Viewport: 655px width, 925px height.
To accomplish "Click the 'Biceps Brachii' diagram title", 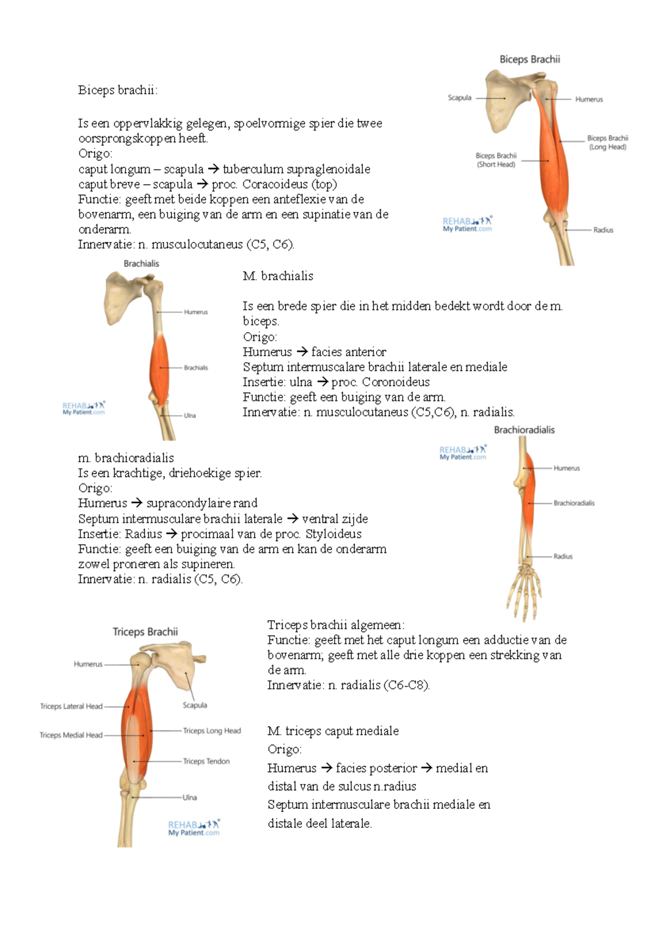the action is click(530, 59).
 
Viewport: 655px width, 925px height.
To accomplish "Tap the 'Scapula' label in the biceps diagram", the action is click(460, 98).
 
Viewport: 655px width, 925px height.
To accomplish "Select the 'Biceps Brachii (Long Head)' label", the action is click(608, 142).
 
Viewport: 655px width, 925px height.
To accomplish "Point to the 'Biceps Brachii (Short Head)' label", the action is click(496, 160).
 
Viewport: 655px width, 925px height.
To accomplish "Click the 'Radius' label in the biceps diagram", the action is click(603, 230).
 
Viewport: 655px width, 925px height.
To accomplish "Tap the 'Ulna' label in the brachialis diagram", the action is click(190, 416).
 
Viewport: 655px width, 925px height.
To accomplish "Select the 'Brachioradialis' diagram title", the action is click(524, 430).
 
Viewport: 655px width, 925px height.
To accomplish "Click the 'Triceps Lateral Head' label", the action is click(71, 706).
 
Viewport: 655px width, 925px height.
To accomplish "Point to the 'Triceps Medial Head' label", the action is click(71, 735).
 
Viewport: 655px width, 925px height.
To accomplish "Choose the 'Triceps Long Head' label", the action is click(212, 730).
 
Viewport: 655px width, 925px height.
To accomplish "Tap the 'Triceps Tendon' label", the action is click(206, 761).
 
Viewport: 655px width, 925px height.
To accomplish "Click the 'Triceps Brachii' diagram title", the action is click(145, 632).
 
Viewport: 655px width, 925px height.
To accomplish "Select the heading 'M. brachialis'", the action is click(278, 276).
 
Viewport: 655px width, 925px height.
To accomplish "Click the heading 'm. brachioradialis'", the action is click(126, 458).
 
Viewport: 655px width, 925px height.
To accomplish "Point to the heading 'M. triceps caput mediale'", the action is click(333, 731).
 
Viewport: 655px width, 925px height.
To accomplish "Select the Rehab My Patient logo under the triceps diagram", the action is click(194, 828).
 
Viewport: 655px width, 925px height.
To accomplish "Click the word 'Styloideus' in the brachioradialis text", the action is click(334, 534).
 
